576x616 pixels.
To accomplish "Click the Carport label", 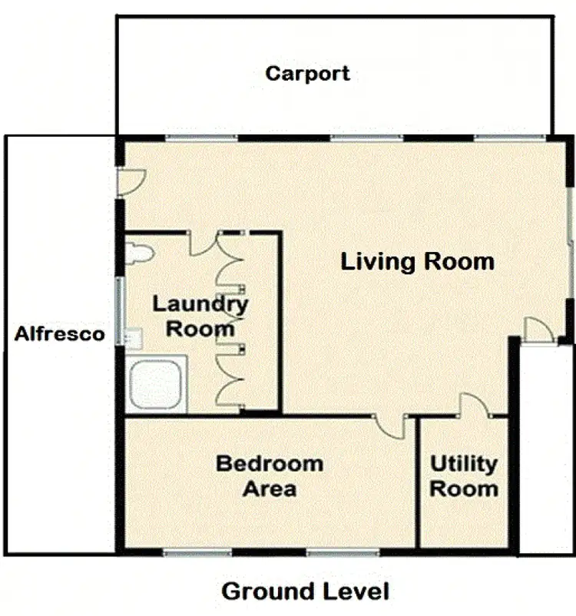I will [307, 74].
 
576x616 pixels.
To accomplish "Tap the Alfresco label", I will [59, 334].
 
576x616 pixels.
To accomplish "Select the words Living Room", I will [417, 262].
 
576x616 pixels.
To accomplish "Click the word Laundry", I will [200, 303].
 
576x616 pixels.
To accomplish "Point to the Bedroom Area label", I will [269, 475].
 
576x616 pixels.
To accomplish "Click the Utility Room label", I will [464, 476].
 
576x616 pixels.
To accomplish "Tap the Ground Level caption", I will [305, 591].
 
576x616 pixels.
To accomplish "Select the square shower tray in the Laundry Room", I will [157, 384].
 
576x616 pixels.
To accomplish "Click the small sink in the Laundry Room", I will [131, 336].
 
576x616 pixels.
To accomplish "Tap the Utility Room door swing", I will [475, 406].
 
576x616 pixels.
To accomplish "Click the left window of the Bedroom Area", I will [197, 551].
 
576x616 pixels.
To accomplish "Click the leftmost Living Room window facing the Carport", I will [201, 138].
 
